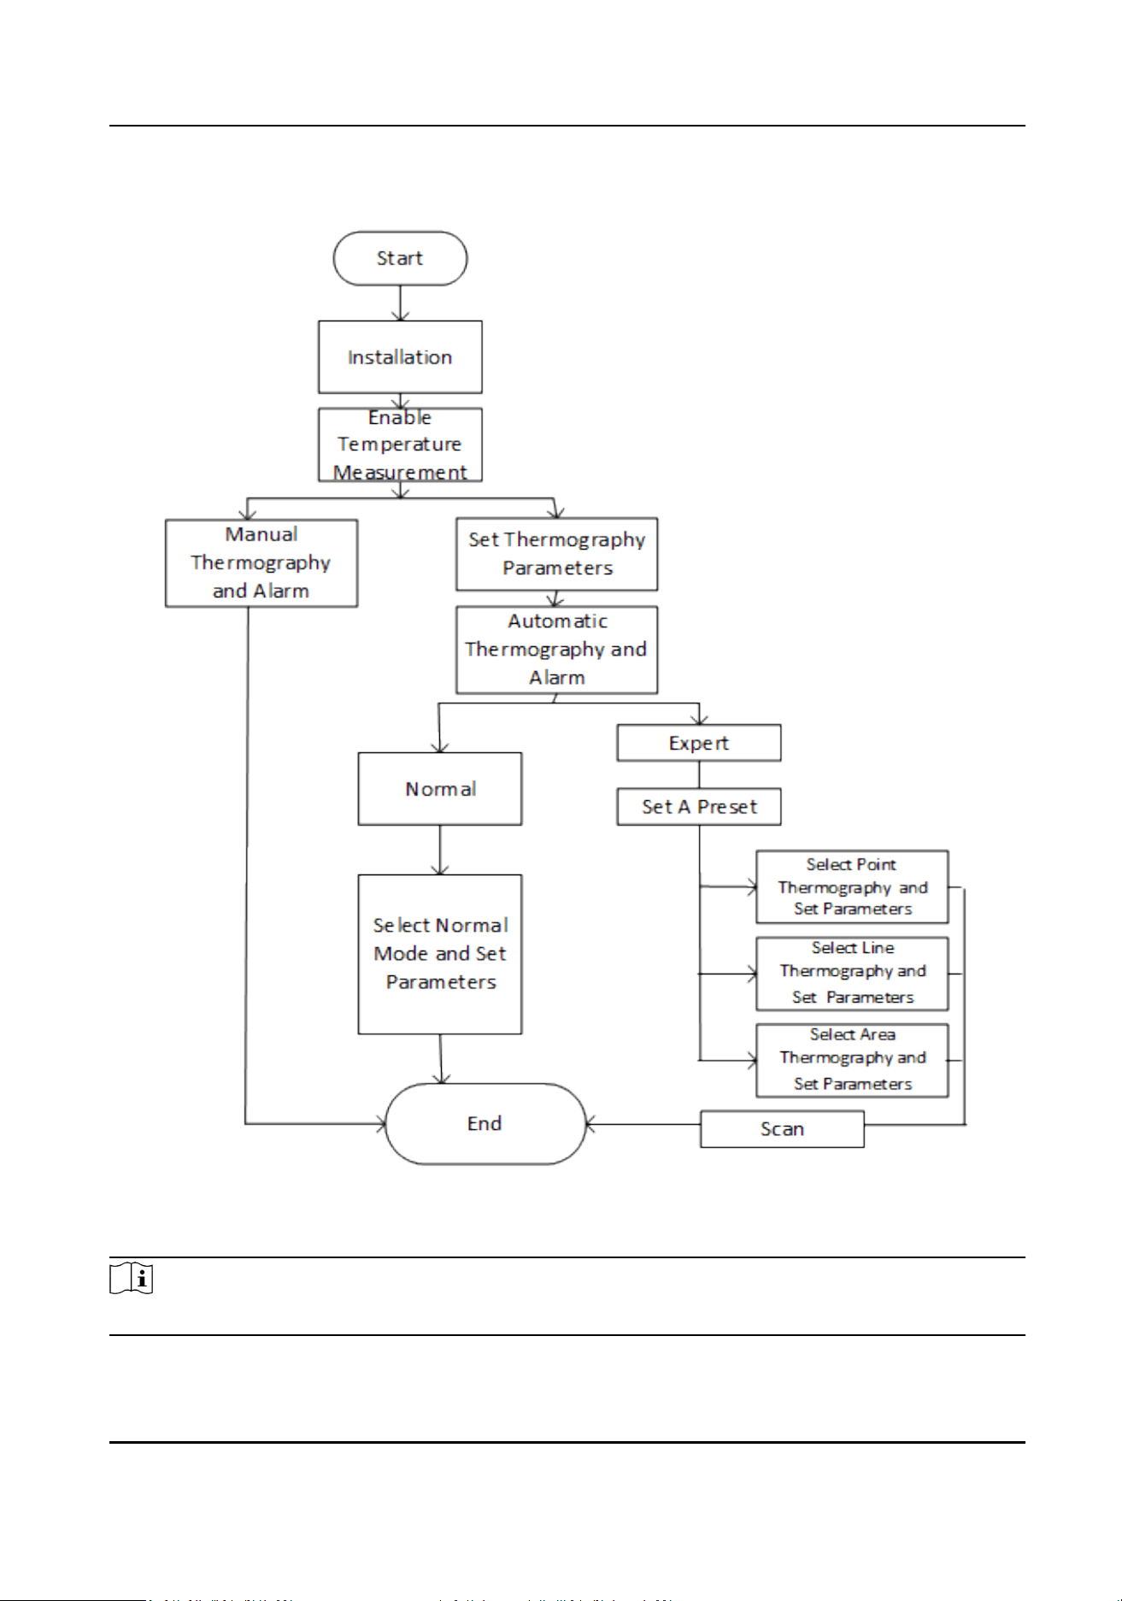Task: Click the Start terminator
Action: pos(400,258)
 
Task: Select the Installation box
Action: pos(400,357)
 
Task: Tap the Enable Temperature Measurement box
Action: pos(400,444)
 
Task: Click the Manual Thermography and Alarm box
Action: pos(261,563)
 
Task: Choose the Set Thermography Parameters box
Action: pos(557,554)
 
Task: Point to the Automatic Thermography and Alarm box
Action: pos(557,650)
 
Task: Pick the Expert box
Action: pos(699,743)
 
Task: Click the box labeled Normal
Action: pos(440,789)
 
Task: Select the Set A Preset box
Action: pos(699,806)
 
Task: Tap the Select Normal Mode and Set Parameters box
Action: pos(440,954)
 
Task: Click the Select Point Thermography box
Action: pos(853,887)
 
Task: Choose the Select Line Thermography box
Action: pos(853,974)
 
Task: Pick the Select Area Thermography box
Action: pos(853,1060)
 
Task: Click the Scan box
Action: pos(782,1129)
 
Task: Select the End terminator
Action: pos(485,1124)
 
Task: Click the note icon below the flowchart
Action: pos(132,1279)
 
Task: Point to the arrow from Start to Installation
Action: pos(400,303)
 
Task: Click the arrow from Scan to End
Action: pos(643,1125)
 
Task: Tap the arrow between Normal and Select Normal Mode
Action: pos(440,851)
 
